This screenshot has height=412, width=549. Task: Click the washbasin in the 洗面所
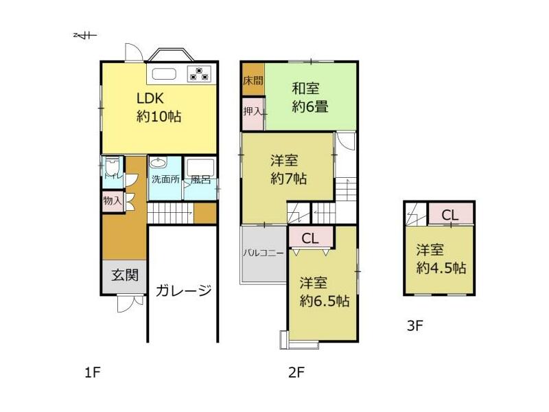(159, 163)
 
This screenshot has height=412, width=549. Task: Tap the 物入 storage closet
(113, 201)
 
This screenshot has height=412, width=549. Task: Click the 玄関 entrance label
(125, 275)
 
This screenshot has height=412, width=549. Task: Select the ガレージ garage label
(183, 290)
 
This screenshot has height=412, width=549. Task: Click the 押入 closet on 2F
(253, 113)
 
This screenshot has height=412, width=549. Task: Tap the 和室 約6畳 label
(310, 98)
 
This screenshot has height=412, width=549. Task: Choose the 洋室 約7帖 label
(288, 170)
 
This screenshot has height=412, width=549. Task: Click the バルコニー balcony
(264, 253)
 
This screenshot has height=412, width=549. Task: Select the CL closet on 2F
(311, 238)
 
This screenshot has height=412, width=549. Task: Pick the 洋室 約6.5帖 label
(324, 292)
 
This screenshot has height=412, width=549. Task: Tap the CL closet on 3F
(451, 214)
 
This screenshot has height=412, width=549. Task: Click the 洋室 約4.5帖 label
(441, 259)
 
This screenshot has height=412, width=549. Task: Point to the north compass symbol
(85, 35)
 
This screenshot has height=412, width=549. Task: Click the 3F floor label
(415, 326)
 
